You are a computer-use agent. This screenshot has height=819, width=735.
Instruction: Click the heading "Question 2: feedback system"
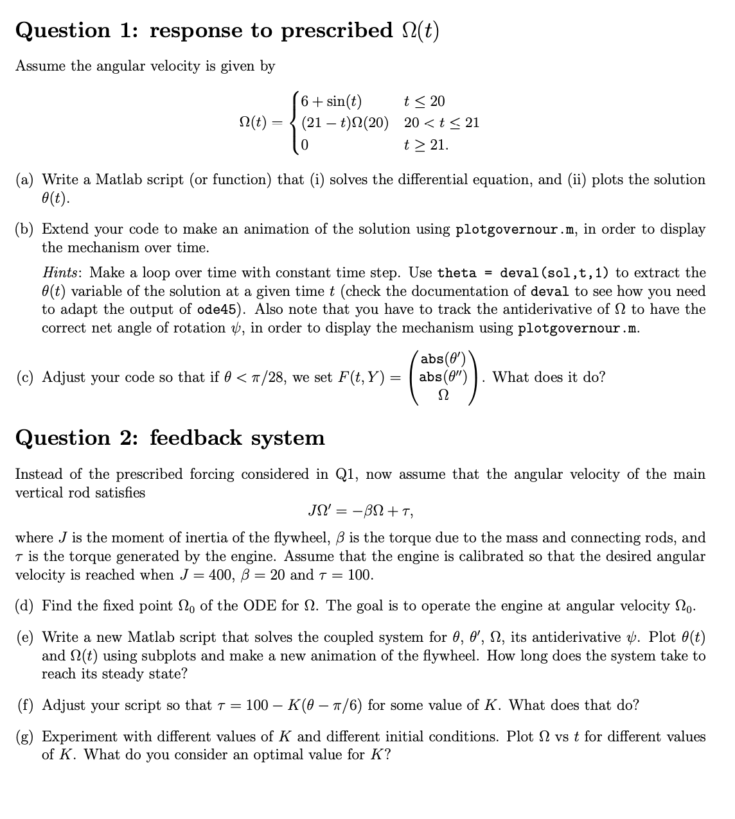(170, 438)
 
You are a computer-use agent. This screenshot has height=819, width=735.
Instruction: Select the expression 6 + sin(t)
(331, 101)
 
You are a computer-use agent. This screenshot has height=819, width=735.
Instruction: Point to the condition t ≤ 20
(424, 101)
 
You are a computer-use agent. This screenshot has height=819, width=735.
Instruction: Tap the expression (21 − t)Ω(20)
(345, 123)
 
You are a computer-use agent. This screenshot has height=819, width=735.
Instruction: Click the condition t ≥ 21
(426, 144)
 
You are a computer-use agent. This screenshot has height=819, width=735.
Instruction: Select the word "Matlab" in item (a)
(119, 180)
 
